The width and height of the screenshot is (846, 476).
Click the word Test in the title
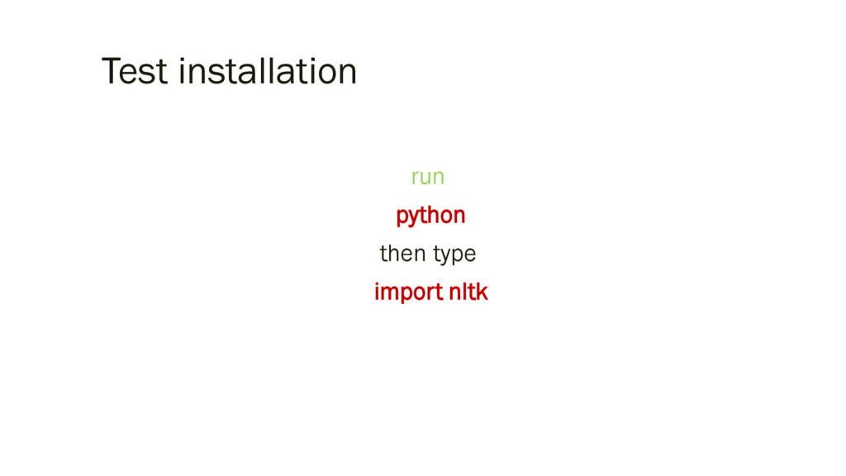click(x=135, y=72)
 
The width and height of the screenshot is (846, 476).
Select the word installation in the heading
click(x=268, y=72)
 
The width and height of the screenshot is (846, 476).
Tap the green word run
click(x=427, y=177)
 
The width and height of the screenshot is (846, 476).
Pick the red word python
click(x=430, y=216)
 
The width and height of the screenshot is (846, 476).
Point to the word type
click(x=454, y=255)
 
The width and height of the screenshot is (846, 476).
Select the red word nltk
click(x=468, y=292)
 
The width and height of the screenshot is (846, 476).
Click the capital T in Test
click(x=111, y=72)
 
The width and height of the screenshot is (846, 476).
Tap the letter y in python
click(x=412, y=217)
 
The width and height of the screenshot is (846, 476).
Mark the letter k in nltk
click(x=482, y=292)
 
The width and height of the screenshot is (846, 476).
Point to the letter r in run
click(x=415, y=178)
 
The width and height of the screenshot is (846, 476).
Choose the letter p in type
click(x=459, y=256)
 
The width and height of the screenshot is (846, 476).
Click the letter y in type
click(x=446, y=256)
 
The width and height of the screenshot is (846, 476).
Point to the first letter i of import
click(x=377, y=292)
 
